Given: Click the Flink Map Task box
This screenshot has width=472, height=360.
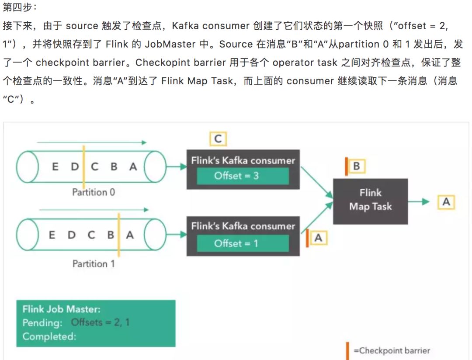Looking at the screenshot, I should [x=370, y=201].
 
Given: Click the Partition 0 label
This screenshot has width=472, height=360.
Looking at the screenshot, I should [x=94, y=192].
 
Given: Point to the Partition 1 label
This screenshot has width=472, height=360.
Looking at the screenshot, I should [x=94, y=264].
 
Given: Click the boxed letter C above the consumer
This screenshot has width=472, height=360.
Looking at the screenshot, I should [x=218, y=139].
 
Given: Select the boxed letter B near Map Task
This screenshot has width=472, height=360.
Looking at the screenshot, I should [x=356, y=166].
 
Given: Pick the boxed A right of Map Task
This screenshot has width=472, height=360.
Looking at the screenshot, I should [x=446, y=202].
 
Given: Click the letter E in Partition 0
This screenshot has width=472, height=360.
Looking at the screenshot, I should [x=55, y=166].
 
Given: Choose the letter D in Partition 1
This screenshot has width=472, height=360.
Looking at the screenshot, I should [x=71, y=235].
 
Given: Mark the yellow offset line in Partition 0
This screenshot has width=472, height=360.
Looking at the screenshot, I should [x=83, y=167].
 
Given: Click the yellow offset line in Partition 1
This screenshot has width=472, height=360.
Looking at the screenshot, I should [x=119, y=235].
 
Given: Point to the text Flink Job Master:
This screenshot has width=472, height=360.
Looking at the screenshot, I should [x=61, y=309].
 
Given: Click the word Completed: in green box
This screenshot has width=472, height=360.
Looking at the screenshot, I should [x=49, y=336].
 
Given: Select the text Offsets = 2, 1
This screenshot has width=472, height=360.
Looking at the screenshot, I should [x=100, y=323].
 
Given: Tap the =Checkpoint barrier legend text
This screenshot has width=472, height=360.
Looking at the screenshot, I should [x=392, y=350].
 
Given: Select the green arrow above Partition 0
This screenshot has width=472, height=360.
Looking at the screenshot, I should [x=92, y=142].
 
